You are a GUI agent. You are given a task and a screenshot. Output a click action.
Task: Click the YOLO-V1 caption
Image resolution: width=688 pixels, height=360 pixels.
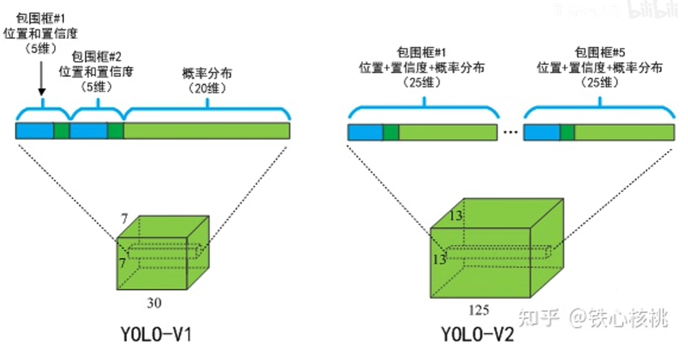pos(157,335)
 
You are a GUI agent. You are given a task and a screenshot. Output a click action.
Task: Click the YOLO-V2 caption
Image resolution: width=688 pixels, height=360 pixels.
pos(477,335)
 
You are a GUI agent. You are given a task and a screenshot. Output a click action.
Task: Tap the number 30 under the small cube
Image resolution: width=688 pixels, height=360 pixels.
pos(154,303)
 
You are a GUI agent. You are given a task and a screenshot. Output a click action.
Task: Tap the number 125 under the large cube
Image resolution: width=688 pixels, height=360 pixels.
pos(479,310)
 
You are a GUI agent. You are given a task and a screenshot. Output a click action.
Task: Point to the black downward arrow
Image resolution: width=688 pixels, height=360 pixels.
pos(41,76)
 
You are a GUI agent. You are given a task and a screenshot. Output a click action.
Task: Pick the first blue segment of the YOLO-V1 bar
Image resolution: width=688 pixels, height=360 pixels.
pos(34,131)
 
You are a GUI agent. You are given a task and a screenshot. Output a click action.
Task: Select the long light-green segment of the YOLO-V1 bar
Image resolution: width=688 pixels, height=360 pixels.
pos(206,131)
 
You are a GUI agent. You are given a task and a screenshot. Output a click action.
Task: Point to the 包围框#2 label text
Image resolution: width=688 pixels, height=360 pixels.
pos(96,58)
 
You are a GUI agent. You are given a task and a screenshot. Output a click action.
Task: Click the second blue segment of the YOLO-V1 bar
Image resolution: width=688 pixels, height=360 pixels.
pos(88,131)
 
